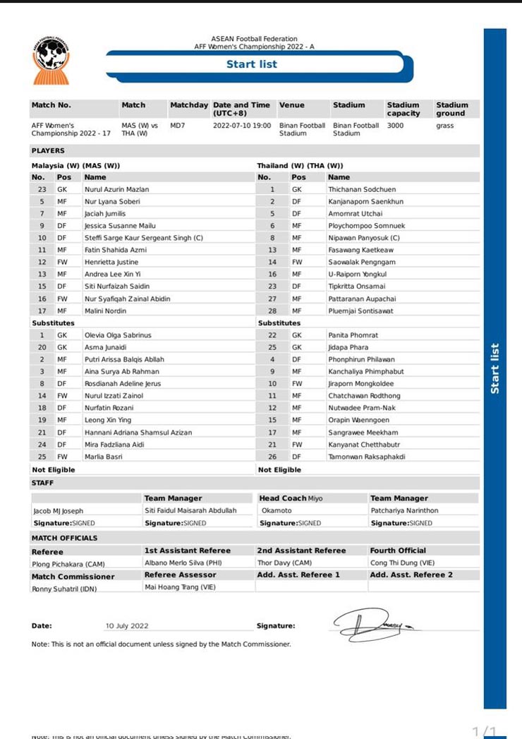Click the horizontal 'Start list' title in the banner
251,64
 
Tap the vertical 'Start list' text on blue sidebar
495,368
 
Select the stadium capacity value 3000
395,126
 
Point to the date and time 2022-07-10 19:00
242,126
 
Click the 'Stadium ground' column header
451,109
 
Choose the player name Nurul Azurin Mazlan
116,189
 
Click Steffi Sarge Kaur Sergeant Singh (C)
143,238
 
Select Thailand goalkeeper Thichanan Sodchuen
362,189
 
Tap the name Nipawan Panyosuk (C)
363,238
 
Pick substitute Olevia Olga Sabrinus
118,335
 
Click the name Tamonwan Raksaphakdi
367,457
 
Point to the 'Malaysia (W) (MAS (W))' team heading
75,165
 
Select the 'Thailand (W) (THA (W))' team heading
300,165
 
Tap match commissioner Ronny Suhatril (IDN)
64,589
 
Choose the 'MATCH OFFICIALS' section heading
64,538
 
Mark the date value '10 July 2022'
127,626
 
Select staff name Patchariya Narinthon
404,510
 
